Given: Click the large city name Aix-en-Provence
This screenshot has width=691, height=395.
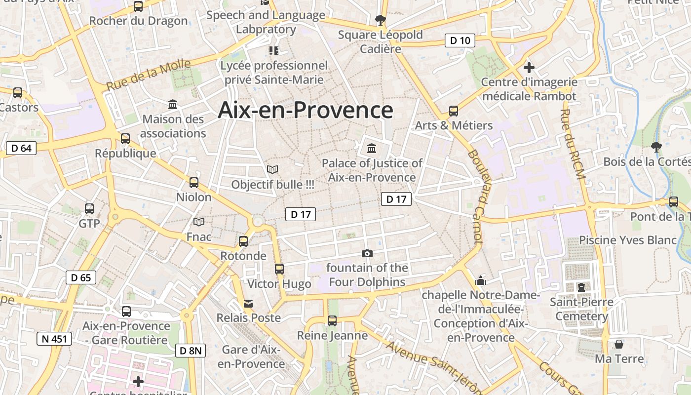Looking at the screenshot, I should point(306,110).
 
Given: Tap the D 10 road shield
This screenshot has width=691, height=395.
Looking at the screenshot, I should point(460,40).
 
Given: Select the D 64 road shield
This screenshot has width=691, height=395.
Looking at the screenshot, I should point(22,148).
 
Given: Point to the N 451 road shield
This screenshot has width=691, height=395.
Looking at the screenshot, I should point(54,339).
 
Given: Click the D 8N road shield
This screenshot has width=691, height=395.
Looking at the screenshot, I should point(191,351).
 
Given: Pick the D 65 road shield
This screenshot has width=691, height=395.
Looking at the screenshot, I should point(81,277).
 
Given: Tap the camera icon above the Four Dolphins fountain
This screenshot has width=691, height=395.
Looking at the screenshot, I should point(367,254).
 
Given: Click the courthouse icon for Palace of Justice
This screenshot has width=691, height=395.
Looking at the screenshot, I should point(372,148).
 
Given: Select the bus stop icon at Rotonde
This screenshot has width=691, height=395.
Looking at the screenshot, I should point(243,241).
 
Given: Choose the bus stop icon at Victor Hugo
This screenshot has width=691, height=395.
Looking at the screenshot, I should point(279,269).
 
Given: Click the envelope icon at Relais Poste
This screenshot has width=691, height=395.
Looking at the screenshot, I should point(248,303).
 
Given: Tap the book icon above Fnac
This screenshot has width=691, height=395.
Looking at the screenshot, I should point(199,222).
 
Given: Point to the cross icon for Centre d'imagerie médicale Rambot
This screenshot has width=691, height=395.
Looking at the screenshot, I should point(529,67).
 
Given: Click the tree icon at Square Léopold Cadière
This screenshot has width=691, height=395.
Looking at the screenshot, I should point(380,20).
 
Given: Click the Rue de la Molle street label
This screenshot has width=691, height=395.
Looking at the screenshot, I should point(148,75).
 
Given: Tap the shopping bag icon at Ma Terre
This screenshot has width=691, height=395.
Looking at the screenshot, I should point(618,344).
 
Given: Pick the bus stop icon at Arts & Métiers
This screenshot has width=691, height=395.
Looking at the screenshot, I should point(454,111).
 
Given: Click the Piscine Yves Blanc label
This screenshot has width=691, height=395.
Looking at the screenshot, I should point(627,240).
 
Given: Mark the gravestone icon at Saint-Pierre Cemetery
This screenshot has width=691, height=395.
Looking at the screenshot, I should point(581,287).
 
